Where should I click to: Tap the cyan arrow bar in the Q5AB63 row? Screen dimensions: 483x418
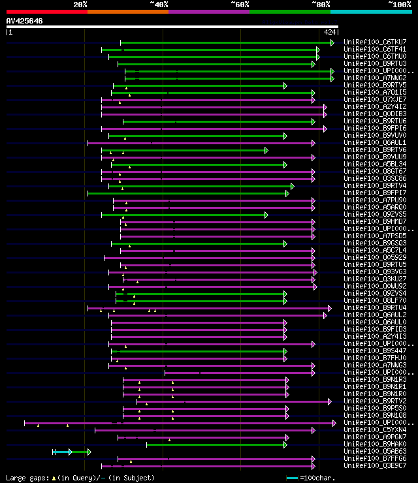click(63, 452)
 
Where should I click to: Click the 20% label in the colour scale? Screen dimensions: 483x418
click(80, 5)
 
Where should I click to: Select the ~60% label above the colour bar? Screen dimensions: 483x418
click(240, 5)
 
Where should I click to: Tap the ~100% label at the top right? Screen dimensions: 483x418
click(399, 5)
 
